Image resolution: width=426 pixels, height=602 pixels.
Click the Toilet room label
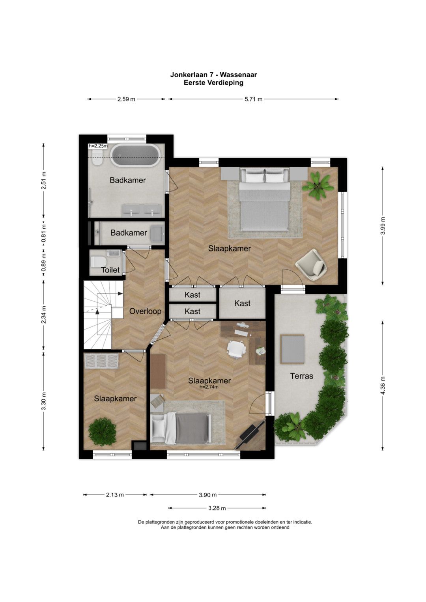click(x=110, y=270)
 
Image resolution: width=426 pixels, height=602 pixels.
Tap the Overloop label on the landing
click(x=145, y=311)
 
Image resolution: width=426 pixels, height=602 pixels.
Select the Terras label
click(x=301, y=376)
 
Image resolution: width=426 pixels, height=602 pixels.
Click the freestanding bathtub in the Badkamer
click(x=136, y=155)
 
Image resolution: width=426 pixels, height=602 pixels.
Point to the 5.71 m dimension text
click(x=253, y=99)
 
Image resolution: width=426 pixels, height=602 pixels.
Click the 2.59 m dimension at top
click(x=126, y=99)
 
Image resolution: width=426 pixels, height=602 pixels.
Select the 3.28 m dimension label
click(x=217, y=508)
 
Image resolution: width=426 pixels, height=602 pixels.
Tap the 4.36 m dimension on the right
click(x=383, y=385)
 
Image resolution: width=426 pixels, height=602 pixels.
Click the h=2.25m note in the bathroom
click(x=98, y=146)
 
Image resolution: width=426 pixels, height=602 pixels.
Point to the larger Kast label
click(x=242, y=304)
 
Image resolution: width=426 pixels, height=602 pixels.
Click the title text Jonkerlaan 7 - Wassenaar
click(x=213, y=75)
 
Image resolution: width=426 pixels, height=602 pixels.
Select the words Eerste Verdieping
click(x=213, y=82)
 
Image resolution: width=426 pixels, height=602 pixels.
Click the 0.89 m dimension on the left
click(x=43, y=262)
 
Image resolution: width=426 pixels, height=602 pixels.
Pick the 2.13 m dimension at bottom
click(x=115, y=494)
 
